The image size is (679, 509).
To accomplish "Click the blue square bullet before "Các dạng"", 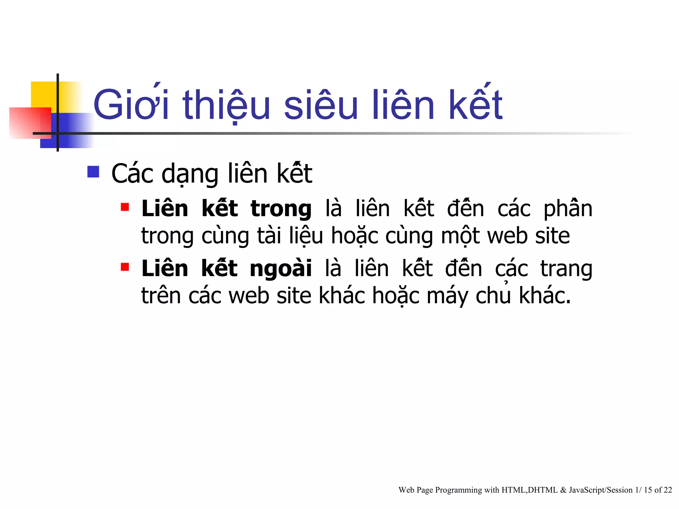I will click(93, 172).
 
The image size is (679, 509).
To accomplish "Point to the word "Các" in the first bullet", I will click(132, 174).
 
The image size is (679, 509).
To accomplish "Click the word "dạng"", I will click(190, 174).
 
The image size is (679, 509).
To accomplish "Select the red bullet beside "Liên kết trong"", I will click(125, 207).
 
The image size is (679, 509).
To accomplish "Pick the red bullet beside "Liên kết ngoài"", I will click(125, 267).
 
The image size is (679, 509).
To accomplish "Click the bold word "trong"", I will click(281, 209).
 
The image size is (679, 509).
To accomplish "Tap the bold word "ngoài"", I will click(281, 268).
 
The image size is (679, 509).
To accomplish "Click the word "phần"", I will click(568, 209).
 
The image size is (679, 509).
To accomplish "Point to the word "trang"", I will click(566, 269).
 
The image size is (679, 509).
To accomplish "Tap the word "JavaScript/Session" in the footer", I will click(601, 490).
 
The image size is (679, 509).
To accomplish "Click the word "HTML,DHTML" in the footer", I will click(529, 490).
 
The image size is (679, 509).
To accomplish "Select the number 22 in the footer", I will click(668, 490).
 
